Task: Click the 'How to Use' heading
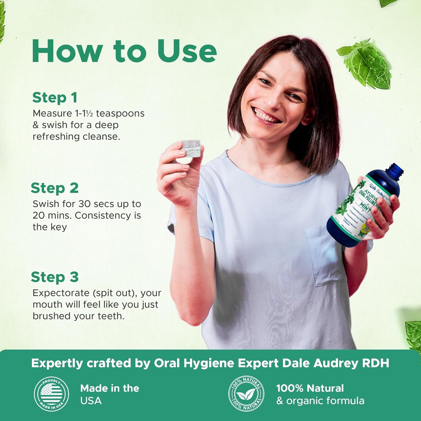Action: click(x=124, y=51)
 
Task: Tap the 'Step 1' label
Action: click(x=55, y=98)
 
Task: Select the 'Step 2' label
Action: click(x=55, y=188)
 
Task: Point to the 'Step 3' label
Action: click(x=55, y=277)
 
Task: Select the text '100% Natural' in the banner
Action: click(x=310, y=388)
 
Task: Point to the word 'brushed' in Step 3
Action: click(x=50, y=316)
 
